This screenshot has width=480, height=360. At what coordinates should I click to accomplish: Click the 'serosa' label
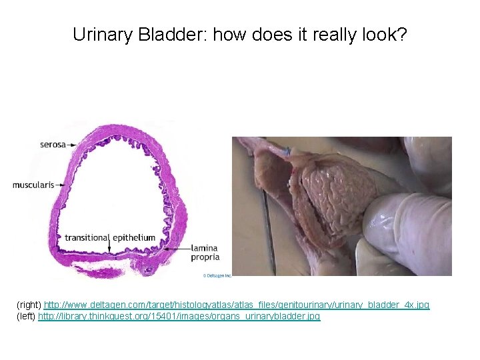click(x=53, y=144)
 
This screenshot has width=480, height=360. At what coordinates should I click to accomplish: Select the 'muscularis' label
click(x=33, y=185)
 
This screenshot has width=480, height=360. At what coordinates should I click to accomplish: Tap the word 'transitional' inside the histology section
click(x=87, y=238)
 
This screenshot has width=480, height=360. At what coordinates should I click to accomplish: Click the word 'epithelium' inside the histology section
click(x=134, y=238)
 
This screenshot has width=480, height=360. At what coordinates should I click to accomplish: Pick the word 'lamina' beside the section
click(x=205, y=248)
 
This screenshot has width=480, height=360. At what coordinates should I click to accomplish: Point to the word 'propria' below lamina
click(x=205, y=257)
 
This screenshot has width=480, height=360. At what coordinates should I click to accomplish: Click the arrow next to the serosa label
click(x=73, y=144)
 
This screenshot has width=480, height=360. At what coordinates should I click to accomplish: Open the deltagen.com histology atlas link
click(x=237, y=305)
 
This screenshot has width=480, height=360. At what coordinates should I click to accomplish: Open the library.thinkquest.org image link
click(x=179, y=316)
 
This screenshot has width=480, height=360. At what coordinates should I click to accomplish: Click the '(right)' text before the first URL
click(x=29, y=305)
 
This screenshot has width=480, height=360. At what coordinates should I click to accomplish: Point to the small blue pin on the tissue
click(x=288, y=152)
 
